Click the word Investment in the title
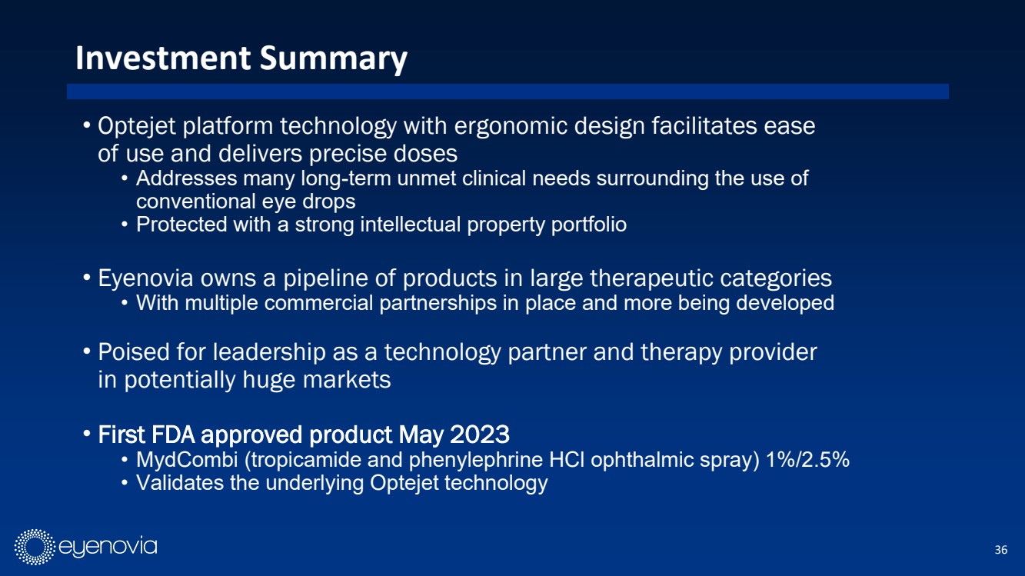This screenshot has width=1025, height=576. [163, 58]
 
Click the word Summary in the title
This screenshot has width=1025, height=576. [334, 59]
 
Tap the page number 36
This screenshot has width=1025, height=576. [1000, 549]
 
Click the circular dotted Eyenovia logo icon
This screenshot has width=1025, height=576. [35, 547]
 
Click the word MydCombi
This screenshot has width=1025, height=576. [187, 459]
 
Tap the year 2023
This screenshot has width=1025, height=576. [480, 434]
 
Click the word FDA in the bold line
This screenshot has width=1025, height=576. [175, 434]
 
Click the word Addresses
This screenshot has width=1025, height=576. [186, 178]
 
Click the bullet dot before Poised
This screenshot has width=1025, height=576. [87, 351]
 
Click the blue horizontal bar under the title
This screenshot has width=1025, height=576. [508, 92]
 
